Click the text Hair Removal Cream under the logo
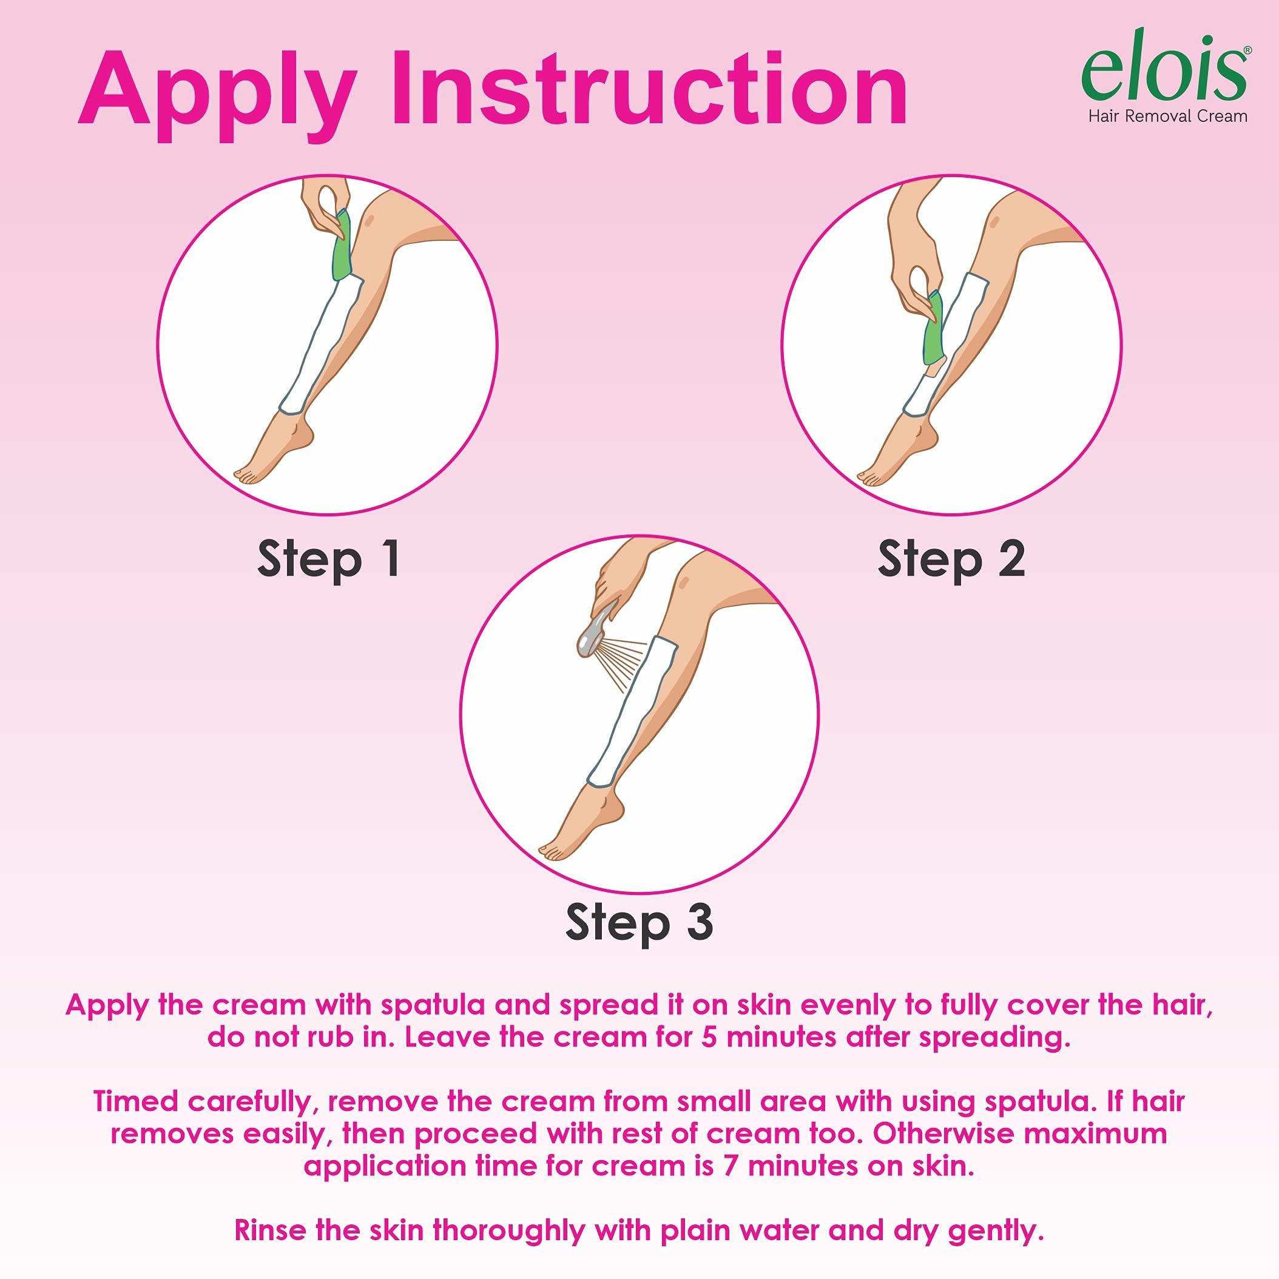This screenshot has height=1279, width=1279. pyautogui.click(x=1168, y=116)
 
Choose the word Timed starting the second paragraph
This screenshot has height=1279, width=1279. pyautogui.click(x=135, y=1101)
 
